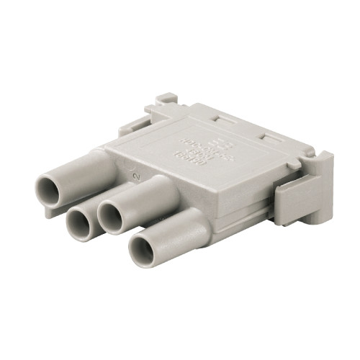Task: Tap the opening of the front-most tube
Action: point(146,249)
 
